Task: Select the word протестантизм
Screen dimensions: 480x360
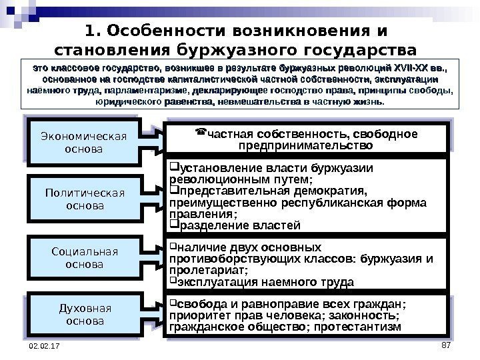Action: (x=360, y=327)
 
